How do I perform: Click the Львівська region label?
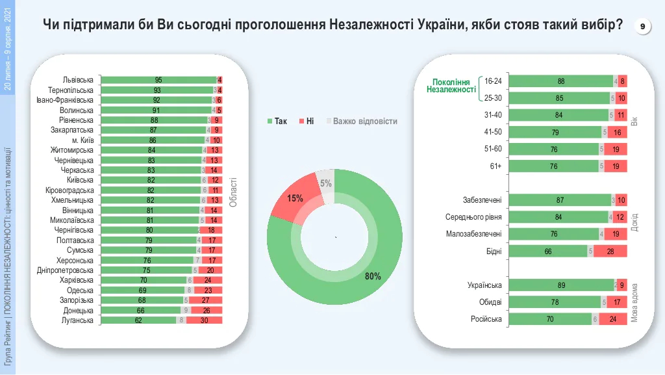(76, 80)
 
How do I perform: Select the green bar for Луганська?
(139, 320)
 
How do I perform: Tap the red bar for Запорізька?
(205, 300)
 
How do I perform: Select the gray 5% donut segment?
(325, 183)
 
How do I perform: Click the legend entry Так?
(277, 122)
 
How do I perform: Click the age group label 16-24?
(493, 81)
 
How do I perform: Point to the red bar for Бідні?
(610, 251)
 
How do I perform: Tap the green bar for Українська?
(562, 285)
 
